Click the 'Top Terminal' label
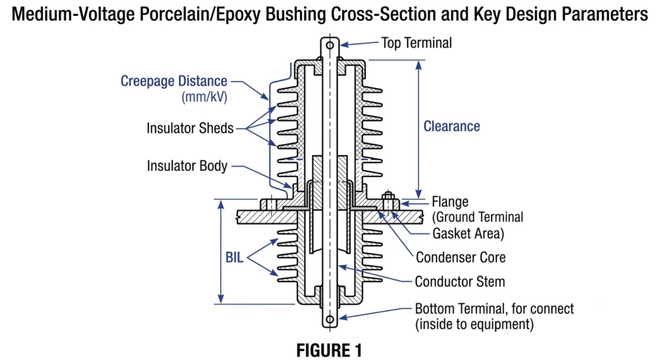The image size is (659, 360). point(416,43)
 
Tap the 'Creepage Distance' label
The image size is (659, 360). point(174,81)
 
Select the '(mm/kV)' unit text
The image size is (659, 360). point(204,97)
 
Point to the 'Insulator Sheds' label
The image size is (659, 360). point(190,128)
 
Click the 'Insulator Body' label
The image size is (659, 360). point(187,166)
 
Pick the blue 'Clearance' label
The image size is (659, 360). point(451,126)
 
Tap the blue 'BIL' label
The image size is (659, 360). point(234,257)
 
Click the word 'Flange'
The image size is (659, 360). point(450,202)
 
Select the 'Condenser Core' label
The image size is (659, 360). point(461,258)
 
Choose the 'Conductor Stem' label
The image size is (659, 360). point(459,282)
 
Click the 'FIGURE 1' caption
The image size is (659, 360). point(329,350)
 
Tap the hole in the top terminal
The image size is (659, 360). point(330,45)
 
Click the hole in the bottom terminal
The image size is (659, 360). point(330,319)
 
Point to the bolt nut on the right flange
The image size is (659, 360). point(388,196)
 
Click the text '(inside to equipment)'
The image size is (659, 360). point(474,325)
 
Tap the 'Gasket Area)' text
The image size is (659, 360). point(469,233)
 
